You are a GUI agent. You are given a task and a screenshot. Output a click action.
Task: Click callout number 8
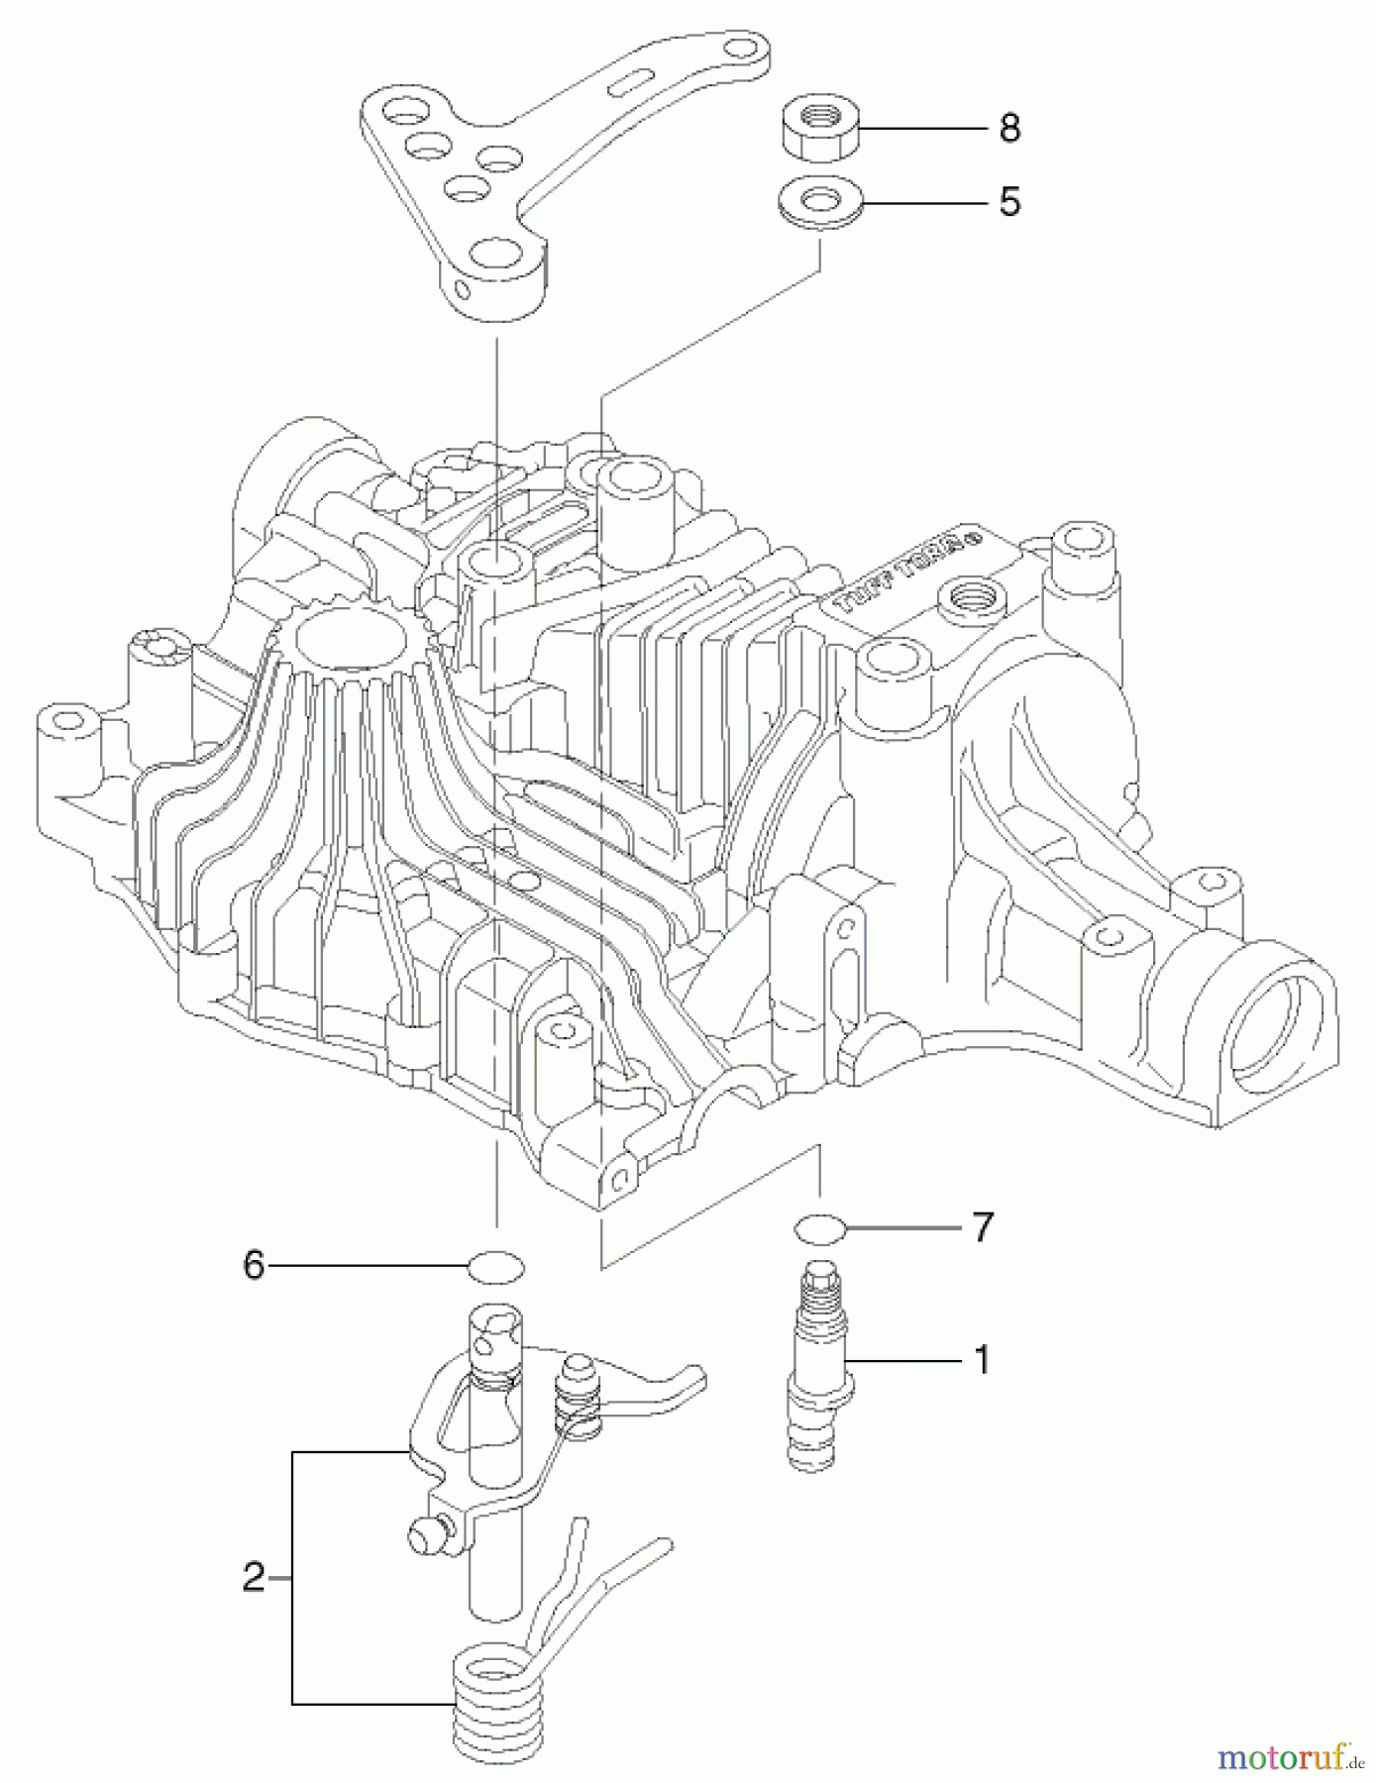pos(1009,128)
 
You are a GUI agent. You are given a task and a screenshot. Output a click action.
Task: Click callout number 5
pos(1009,202)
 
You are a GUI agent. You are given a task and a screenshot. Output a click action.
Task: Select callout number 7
pos(982,1228)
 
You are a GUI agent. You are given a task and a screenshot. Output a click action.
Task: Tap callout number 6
pos(255,1265)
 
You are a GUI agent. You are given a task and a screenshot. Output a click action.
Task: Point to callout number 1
pos(982,1360)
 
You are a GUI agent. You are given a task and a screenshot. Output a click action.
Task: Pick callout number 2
pos(255,1576)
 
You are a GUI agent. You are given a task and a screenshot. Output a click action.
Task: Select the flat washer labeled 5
pos(818,203)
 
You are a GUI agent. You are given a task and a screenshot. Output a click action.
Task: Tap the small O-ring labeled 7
pos(819,1228)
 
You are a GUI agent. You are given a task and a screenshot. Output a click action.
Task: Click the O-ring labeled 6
pos(496,1266)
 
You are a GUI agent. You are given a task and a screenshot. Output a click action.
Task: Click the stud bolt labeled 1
pos(816,1362)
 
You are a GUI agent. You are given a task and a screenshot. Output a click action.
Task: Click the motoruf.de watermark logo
pos(1289,1758)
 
